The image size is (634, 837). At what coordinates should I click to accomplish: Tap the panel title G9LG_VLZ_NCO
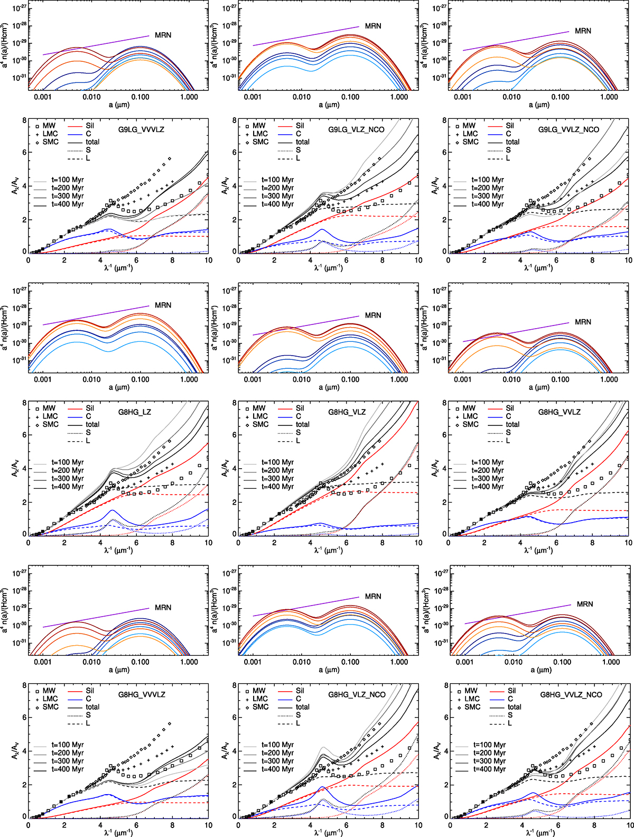(356, 129)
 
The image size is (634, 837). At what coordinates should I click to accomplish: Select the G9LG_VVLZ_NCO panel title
(568, 129)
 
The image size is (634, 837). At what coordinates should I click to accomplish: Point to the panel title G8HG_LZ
(135, 412)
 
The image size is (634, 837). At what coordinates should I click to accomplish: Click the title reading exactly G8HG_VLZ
(347, 412)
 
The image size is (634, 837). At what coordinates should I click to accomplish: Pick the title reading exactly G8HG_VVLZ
(560, 412)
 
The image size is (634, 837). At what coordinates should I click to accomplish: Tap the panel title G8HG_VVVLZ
(142, 695)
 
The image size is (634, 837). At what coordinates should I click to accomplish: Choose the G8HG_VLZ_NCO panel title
(357, 695)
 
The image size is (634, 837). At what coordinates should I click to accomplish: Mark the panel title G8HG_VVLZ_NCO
(571, 695)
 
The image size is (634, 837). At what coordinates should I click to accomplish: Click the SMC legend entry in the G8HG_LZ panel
(51, 424)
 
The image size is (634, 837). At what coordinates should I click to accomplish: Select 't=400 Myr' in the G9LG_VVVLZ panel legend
(68, 204)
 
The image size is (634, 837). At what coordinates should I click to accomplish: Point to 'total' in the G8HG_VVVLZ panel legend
(92, 706)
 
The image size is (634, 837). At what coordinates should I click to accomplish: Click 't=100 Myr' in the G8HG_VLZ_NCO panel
(278, 745)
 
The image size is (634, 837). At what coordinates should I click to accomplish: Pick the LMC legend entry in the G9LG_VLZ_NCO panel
(260, 134)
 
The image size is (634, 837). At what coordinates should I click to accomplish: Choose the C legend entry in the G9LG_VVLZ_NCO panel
(508, 134)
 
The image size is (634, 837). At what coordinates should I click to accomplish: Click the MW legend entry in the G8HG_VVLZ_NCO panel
(471, 691)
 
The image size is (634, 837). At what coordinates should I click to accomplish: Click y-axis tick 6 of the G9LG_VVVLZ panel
(24, 152)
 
